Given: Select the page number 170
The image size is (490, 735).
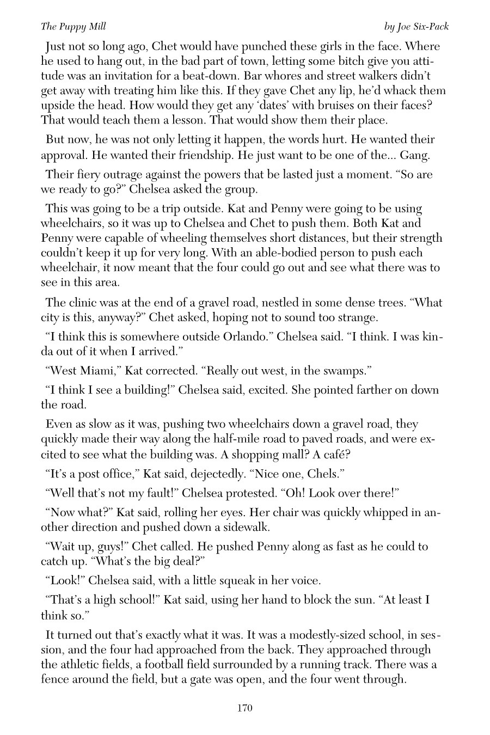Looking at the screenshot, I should coord(244,708).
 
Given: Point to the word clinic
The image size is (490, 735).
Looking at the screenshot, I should coord(85,303).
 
